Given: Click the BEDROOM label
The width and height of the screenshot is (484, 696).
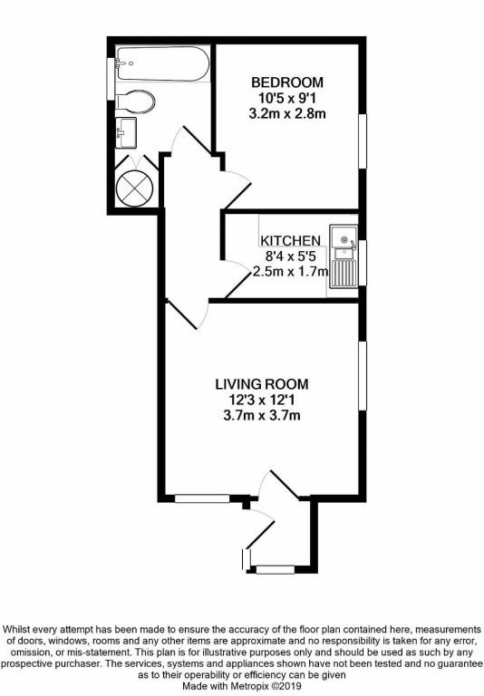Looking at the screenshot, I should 287,82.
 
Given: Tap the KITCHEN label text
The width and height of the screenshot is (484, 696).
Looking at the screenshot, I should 290,240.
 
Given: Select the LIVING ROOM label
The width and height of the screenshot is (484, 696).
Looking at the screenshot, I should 262,383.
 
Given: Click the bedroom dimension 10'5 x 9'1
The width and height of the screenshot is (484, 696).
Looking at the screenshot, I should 287,98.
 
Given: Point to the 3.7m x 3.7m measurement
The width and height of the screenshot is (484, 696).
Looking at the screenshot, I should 262,416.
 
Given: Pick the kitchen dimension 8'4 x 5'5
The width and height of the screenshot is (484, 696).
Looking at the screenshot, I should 290,256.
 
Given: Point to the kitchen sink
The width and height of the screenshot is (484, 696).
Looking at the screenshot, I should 343,240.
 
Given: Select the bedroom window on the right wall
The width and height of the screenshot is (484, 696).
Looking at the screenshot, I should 364,140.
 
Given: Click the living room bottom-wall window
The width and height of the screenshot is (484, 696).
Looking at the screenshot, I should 202,498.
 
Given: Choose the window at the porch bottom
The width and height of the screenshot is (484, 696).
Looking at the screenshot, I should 275,570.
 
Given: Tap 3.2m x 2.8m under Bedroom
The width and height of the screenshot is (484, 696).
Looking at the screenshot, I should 287,114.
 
